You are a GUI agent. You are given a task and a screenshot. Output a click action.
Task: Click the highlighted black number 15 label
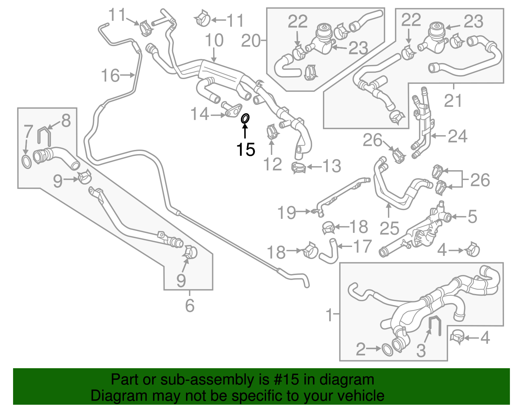click(x=245, y=150)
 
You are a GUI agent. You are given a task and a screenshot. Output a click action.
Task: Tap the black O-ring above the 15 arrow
click(x=245, y=119)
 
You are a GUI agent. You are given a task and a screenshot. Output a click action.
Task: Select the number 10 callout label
click(x=214, y=41)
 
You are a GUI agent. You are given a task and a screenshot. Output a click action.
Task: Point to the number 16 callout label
click(x=110, y=75)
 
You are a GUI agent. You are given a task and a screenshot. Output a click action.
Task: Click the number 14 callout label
click(x=199, y=114)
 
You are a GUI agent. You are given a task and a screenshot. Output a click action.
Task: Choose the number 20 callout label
click(x=251, y=41)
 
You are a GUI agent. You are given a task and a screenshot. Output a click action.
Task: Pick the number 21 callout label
click(x=453, y=100)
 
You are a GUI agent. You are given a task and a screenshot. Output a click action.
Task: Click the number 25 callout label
click(x=389, y=228)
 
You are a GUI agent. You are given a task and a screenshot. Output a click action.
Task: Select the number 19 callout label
click(x=287, y=213)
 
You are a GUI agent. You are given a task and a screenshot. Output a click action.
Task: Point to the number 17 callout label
click(x=362, y=246)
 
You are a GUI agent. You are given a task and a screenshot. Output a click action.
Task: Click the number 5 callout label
click(x=472, y=216)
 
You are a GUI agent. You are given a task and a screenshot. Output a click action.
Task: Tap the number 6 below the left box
click(x=190, y=305)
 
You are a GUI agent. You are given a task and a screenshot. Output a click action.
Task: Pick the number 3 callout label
click(x=421, y=351)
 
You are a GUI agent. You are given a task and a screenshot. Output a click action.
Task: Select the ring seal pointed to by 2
click(x=387, y=350)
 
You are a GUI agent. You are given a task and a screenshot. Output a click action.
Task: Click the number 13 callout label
click(x=332, y=166)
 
